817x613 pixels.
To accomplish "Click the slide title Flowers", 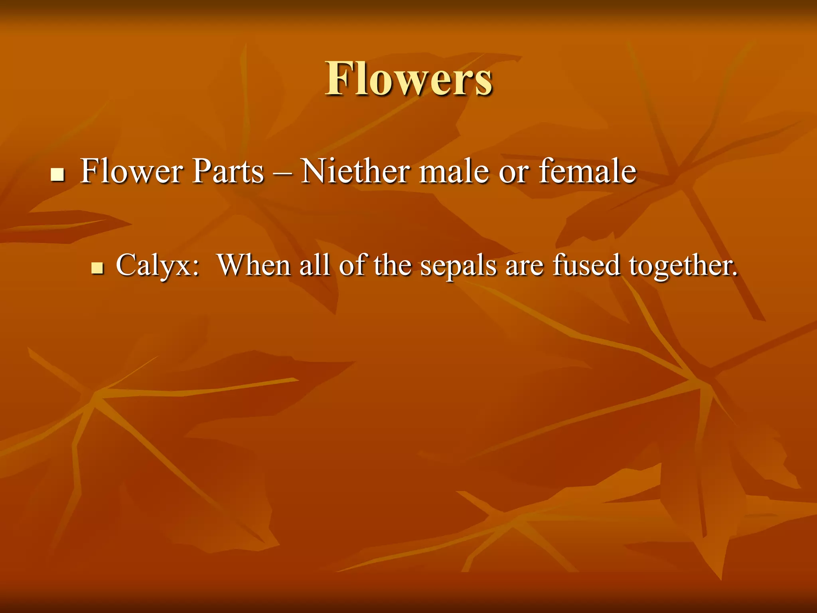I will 408,79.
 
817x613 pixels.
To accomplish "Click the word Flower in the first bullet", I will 131,171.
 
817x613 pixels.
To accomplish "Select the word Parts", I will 228,171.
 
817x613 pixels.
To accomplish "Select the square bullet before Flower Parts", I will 58,174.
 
